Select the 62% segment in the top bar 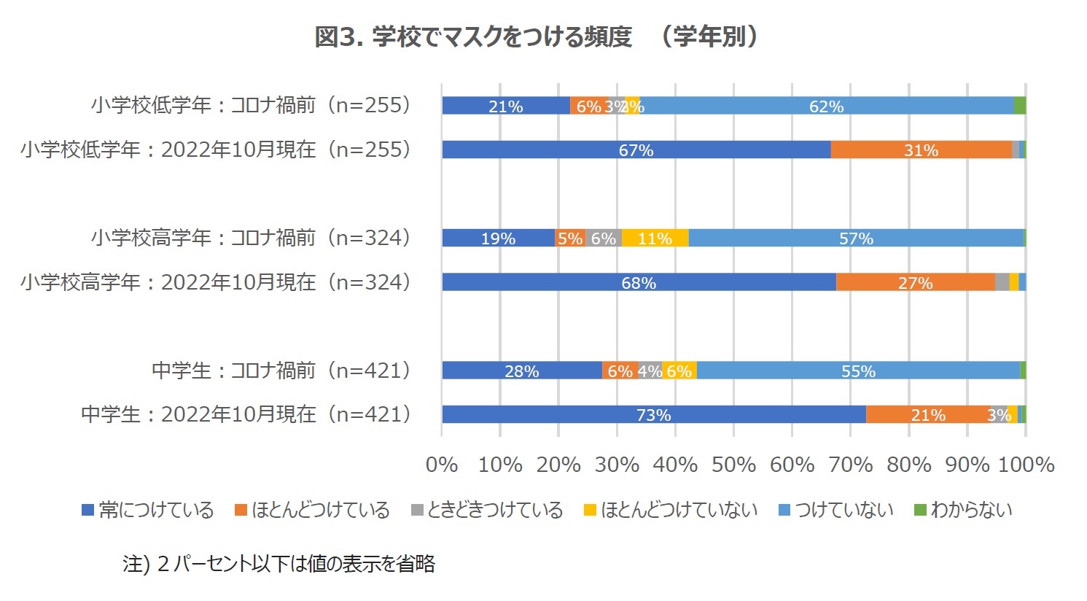click(x=826, y=106)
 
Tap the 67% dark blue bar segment click(x=636, y=150)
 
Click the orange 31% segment click(x=921, y=150)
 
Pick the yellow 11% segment click(x=655, y=239)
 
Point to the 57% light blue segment click(x=856, y=239)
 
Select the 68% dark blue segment click(x=639, y=283)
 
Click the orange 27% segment click(x=915, y=283)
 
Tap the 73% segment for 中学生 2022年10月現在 click(x=653, y=415)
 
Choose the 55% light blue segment click(x=858, y=371)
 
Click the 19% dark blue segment click(x=498, y=239)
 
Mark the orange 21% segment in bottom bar click(x=927, y=415)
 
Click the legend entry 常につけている click(x=148, y=510)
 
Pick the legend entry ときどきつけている click(x=487, y=510)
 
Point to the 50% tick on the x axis click(x=733, y=465)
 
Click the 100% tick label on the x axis click(x=1026, y=465)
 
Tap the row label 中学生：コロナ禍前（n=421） click(x=282, y=371)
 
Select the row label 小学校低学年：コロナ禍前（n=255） click(x=252, y=105)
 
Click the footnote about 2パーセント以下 click(x=278, y=564)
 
